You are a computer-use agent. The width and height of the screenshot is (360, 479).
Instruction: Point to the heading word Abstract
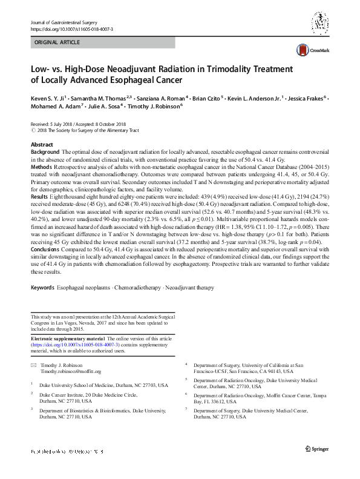point(42,145)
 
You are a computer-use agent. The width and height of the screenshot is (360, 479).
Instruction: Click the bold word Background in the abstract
point(45,151)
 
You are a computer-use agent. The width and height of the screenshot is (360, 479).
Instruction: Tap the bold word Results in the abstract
point(40,197)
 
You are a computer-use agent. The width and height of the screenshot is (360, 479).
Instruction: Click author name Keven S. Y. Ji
point(47,97)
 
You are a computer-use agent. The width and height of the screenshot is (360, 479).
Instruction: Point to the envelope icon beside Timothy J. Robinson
point(33,365)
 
